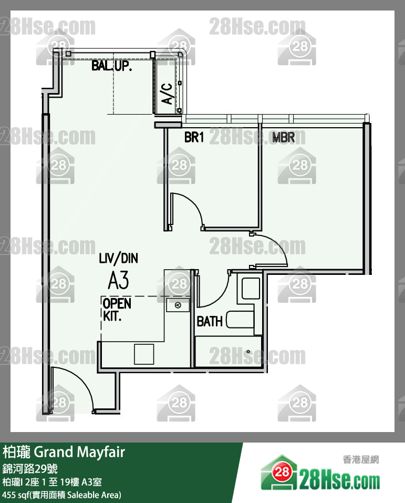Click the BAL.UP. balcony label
[x=111, y=66]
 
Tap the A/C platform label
[x=167, y=94]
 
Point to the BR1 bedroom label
[x=194, y=137]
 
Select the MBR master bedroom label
[x=284, y=137]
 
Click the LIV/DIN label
[x=118, y=258]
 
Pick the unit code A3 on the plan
[x=118, y=280]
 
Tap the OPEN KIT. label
[x=117, y=310]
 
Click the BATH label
[x=210, y=322]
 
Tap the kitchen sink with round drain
[x=178, y=305]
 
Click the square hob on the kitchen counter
[x=144, y=354]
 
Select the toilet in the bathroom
[x=251, y=289]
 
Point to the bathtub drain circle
[x=248, y=352]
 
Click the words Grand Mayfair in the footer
[x=79, y=452]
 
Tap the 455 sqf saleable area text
[x=61, y=495]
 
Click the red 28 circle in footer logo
[x=282, y=471]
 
